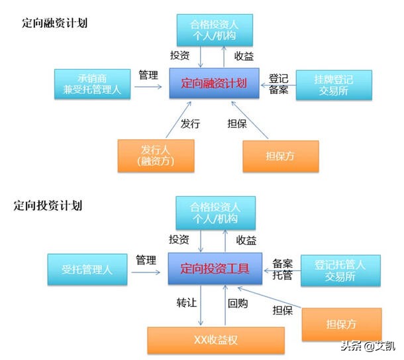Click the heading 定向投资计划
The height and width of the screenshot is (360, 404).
pyautogui.click(x=48, y=206)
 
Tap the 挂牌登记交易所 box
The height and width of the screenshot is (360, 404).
pyautogui.click(x=333, y=84)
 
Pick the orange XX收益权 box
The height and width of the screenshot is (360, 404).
pyautogui.click(x=215, y=339)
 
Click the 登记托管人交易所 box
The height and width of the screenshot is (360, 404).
pyautogui.click(x=340, y=270)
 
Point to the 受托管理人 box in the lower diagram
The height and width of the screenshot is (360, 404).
pyautogui.click(x=87, y=269)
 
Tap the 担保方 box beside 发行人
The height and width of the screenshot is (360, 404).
pyautogui.click(x=280, y=155)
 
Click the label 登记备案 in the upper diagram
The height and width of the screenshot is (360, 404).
pyautogui.click(x=279, y=84)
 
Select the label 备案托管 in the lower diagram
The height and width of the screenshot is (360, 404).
pyautogui.click(x=283, y=269)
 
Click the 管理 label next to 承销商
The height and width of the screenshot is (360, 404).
pyautogui.click(x=148, y=76)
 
